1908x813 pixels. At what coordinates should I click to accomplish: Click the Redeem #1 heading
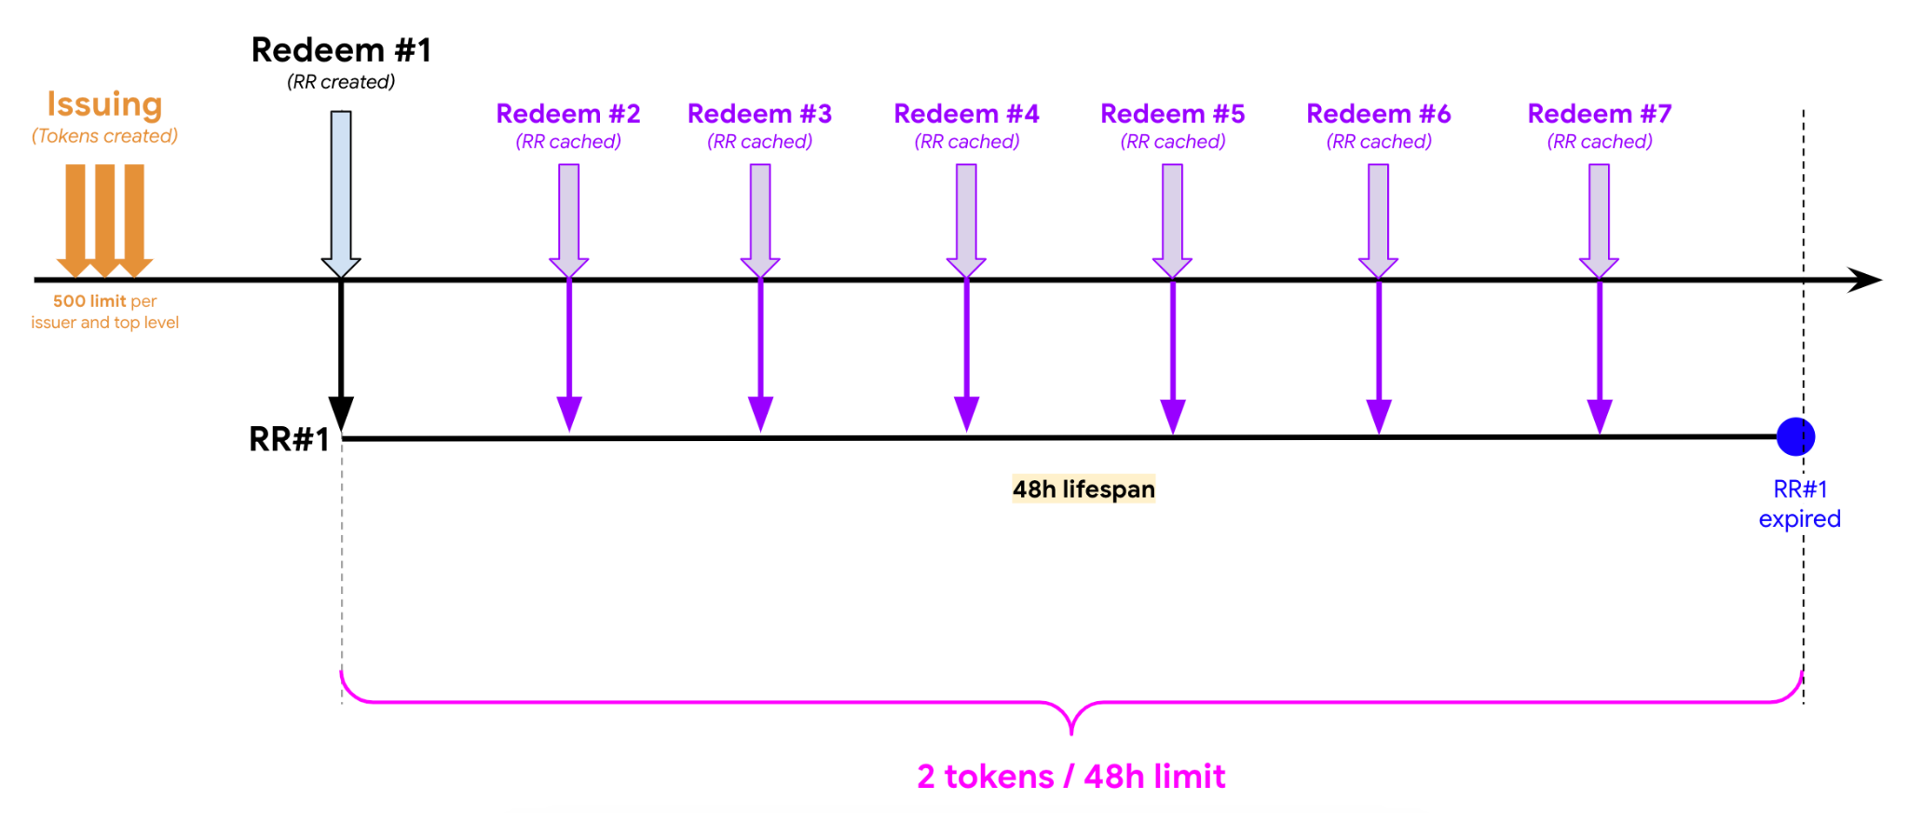[x=341, y=49]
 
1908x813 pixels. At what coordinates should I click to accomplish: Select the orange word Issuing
[x=104, y=104]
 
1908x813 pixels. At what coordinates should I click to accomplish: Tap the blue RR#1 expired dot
[x=1795, y=436]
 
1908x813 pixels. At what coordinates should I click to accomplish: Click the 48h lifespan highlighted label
[x=1083, y=489]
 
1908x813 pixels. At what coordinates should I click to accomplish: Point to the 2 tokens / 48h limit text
[x=1071, y=776]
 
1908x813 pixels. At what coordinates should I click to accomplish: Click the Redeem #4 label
[x=966, y=114]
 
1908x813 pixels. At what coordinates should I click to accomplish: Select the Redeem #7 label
[x=1600, y=114]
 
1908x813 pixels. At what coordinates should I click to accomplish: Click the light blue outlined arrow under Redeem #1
[x=341, y=194]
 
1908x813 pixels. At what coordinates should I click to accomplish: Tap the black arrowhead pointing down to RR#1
[x=341, y=414]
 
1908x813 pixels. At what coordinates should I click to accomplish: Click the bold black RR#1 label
[x=289, y=439]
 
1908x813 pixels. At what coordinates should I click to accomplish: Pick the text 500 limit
[x=89, y=301]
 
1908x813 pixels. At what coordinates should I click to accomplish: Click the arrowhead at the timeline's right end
[x=1864, y=280]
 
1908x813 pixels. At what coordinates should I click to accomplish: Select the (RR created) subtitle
[x=341, y=82]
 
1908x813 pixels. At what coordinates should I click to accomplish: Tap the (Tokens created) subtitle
[x=104, y=136]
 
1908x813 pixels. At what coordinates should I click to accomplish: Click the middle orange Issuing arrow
[x=104, y=221]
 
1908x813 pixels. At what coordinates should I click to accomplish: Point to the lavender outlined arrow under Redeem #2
[x=568, y=221]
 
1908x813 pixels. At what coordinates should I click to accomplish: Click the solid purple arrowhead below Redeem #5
[x=1172, y=416]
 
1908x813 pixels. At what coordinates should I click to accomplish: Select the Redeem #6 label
[x=1378, y=114]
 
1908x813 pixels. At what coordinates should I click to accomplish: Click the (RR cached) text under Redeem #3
[x=759, y=142]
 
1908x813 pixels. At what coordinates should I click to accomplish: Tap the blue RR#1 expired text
[x=1800, y=503]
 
